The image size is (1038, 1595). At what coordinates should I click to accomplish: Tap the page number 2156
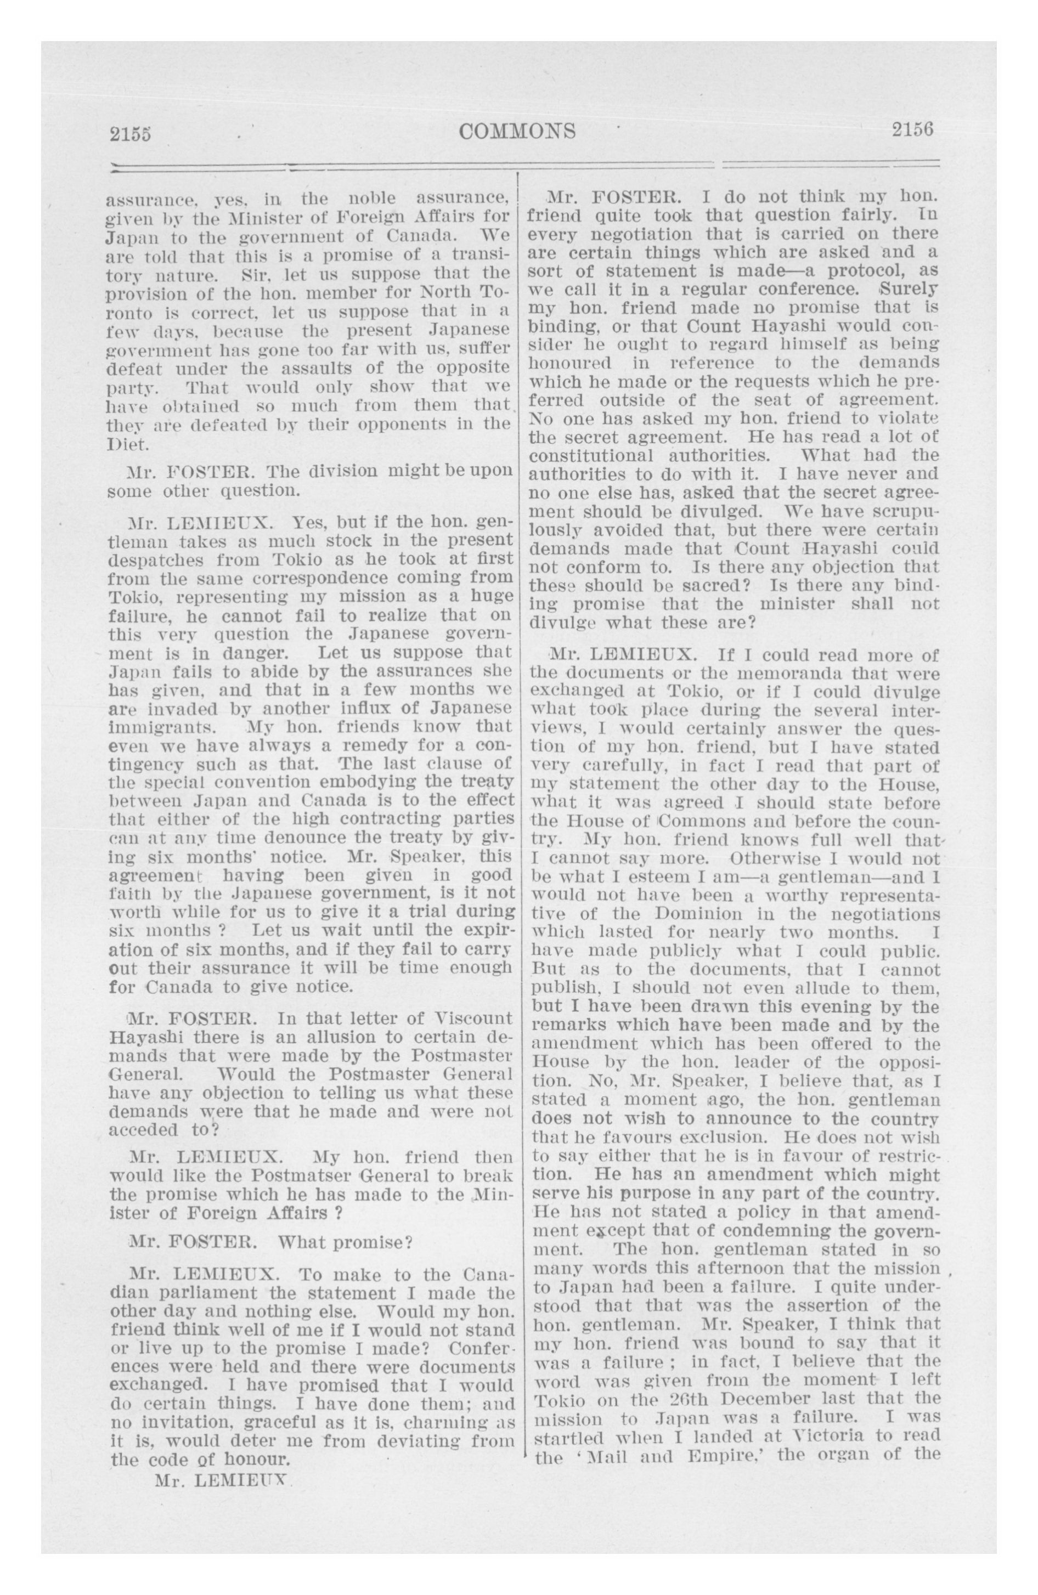(x=912, y=129)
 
